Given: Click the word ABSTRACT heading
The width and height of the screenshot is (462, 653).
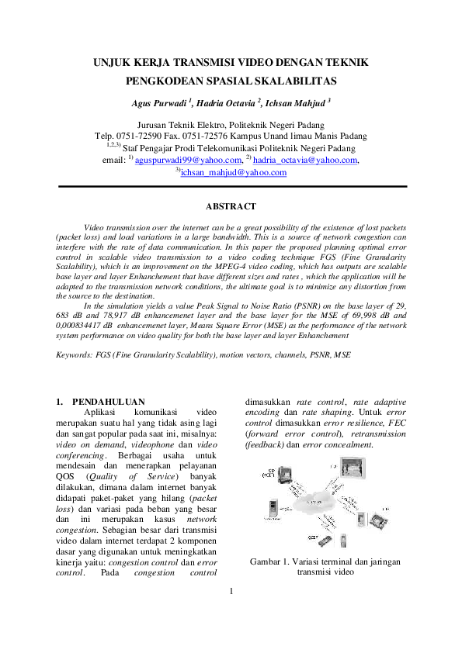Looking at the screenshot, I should click(230, 206).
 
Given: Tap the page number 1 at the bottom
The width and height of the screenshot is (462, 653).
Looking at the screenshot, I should click(231, 614).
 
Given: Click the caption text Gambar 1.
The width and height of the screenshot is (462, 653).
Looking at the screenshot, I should click(271, 561).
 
